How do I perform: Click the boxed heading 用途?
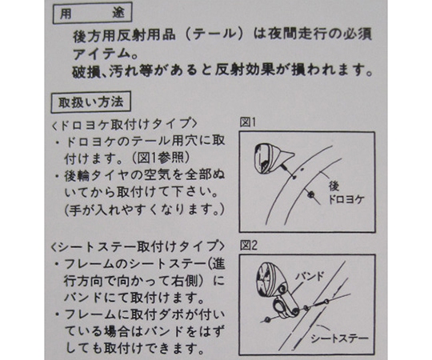(92, 13)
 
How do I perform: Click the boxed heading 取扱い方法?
(91, 102)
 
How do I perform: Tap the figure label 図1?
(248, 122)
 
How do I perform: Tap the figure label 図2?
(249, 245)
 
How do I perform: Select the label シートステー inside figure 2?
(340, 338)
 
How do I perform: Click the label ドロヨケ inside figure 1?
(346, 199)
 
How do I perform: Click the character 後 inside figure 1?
(334, 186)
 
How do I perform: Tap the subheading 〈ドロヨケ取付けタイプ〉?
(125, 124)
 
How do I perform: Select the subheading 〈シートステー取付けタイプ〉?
(138, 246)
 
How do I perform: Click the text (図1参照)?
(159, 158)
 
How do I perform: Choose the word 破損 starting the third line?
(86, 70)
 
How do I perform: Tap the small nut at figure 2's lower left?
(266, 319)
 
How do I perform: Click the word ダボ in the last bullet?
(170, 315)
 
